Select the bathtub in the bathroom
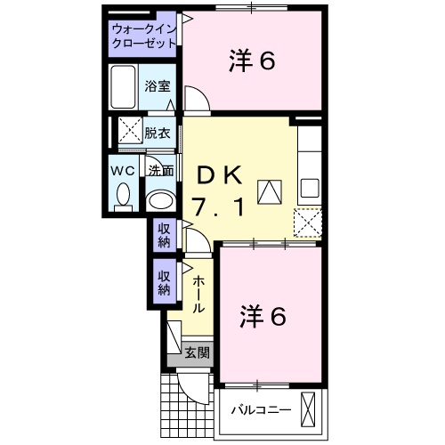(125, 86)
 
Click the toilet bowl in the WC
(124, 193)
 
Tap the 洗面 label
(161, 170)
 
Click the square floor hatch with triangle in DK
(269, 190)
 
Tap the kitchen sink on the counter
(309, 188)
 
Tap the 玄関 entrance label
(198, 352)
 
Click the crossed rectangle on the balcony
(308, 409)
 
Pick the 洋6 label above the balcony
(263, 315)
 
